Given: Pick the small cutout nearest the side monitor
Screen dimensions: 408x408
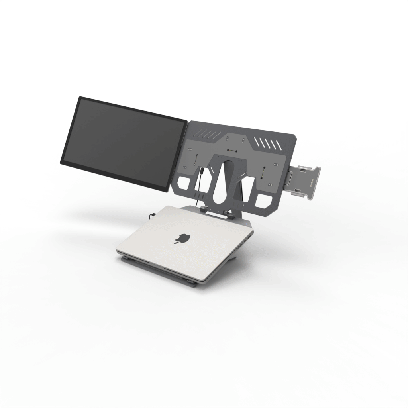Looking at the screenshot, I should click(186, 183).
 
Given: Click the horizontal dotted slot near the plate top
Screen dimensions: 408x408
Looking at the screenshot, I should click(231, 151).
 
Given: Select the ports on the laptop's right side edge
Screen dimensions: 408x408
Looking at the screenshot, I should click(249, 237).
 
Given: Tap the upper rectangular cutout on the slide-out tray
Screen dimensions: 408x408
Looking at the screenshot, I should click(302, 170).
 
